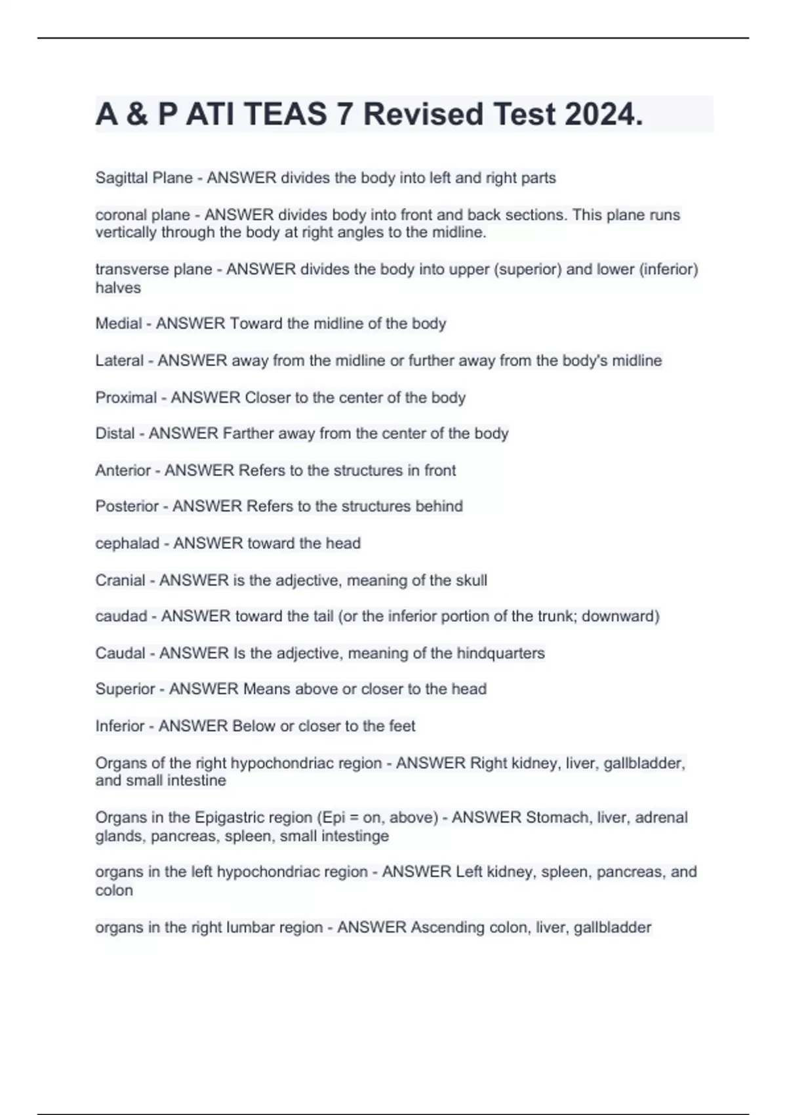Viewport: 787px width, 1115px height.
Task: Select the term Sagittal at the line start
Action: point(119,178)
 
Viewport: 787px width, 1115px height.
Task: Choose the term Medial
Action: point(119,323)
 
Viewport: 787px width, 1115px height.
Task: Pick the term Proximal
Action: point(126,397)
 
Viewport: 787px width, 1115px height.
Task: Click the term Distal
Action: point(115,434)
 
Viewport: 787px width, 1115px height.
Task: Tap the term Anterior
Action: point(123,470)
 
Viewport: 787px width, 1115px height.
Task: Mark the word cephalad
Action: point(127,543)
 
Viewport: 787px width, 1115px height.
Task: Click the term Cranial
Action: point(121,580)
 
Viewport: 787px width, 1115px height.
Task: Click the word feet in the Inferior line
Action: point(402,726)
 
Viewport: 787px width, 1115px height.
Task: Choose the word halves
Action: point(118,288)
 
